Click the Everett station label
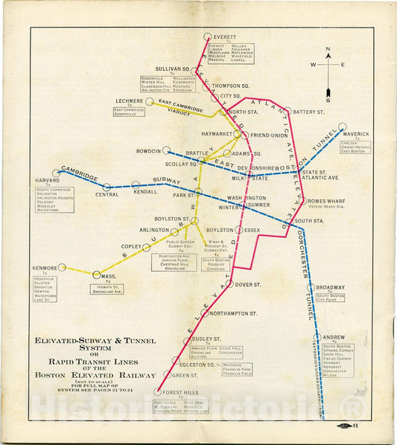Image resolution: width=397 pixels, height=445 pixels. coord(225,36)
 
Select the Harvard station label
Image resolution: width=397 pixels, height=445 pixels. coord(46,181)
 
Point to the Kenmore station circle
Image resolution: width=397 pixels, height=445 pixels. coord(63,267)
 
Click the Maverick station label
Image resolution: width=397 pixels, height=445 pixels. coord(357,134)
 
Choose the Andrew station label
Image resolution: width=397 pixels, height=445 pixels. coord(334,337)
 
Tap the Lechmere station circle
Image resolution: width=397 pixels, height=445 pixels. coord(150,101)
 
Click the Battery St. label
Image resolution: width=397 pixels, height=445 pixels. coord(306,112)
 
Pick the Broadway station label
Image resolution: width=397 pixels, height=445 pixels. coord(330,287)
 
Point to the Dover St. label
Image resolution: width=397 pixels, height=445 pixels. coord(246,284)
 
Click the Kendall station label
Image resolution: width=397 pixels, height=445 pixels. coord(145,191)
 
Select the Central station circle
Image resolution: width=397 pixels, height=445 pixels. coord(107,187)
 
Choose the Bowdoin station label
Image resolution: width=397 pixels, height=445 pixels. coord(149,151)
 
